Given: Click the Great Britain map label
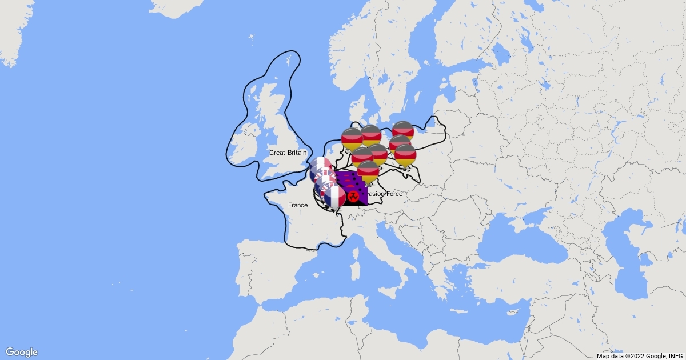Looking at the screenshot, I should coord(288,153).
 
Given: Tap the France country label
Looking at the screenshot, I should coord(298,205).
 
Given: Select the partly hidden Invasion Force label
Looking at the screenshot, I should coord(385,194).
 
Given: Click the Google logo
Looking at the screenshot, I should coord(22,352).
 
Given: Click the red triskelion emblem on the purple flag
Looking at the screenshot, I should coord(353,197).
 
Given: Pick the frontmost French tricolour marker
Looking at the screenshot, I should coord(335,197).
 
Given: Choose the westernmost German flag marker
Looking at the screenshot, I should coord(352,139).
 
